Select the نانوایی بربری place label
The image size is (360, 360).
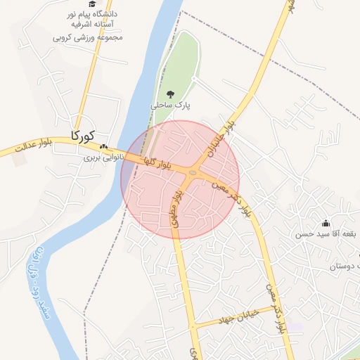103,157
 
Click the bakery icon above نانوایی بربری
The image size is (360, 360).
104,147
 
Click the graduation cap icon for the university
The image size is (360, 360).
91,4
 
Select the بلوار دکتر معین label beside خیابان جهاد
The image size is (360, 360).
274,307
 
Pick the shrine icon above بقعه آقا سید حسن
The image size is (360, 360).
326,223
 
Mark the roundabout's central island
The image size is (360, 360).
193,172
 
